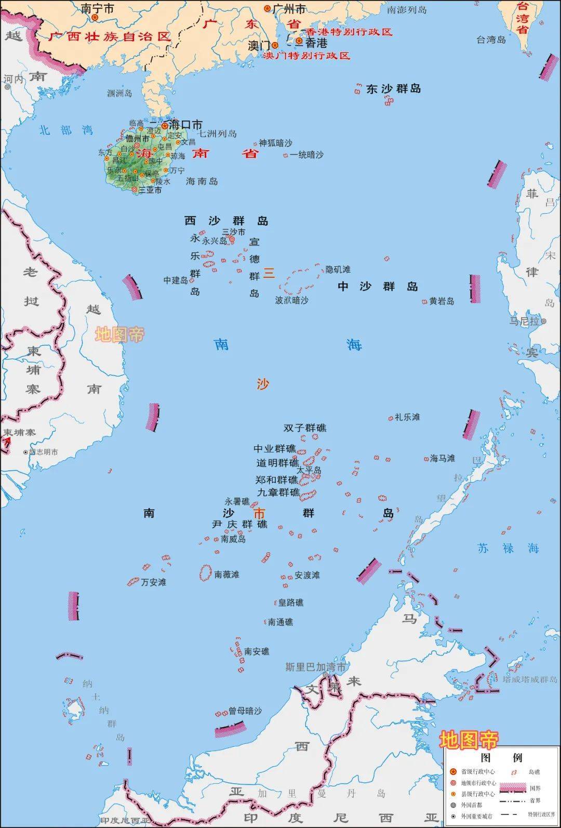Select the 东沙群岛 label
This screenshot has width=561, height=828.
tap(393, 89)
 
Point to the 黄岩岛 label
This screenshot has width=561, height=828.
tap(442, 301)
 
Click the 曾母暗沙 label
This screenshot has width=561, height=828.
tap(245, 711)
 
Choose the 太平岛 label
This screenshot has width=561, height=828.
tap(309, 470)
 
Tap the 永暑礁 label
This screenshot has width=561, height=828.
tap(237, 502)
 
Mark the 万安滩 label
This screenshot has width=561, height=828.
tap(154, 582)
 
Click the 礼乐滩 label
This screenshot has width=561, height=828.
tap(407, 417)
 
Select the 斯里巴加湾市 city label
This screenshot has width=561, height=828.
tap(315, 667)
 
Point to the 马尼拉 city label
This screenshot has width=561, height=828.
tap(524, 321)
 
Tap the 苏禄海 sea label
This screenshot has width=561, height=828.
tap(509, 548)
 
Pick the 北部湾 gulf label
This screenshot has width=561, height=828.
tap(66, 131)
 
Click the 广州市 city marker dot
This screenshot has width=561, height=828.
tap(268, 9)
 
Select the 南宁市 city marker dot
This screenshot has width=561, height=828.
tap(95, 17)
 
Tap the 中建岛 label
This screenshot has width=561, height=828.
tap(176, 280)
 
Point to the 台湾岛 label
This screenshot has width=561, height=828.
tap(491, 40)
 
